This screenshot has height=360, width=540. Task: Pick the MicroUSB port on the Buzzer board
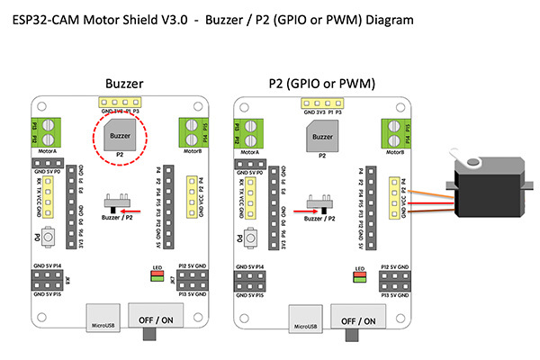pyautogui.click(x=101, y=320)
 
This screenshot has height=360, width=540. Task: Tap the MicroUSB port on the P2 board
pyautogui.click(x=302, y=320)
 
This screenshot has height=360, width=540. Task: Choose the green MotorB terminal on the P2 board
pyautogui.click(x=395, y=133)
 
